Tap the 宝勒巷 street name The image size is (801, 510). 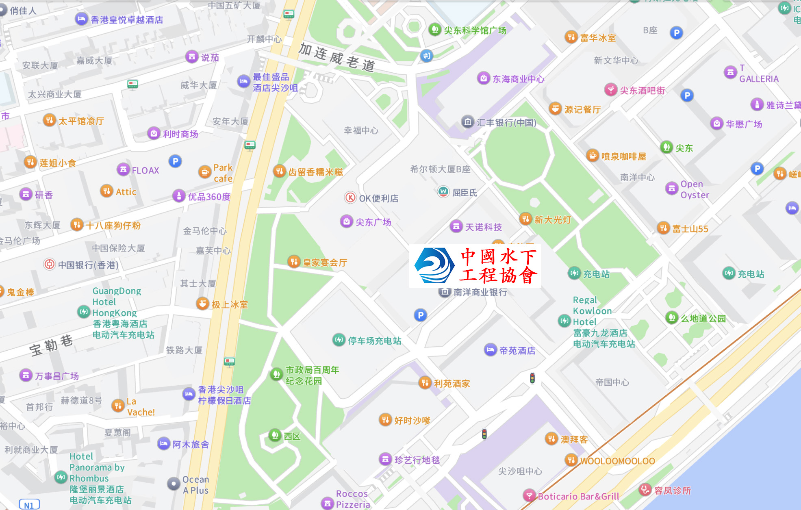[51, 345]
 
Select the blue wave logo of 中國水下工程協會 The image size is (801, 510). [434, 265]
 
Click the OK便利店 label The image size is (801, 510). [378, 198]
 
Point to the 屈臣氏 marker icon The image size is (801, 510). [443, 191]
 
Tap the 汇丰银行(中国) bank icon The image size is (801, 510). [467, 122]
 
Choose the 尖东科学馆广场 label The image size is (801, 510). [475, 30]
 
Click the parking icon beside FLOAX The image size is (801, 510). [175, 161]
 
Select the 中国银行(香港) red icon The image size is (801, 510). [49, 265]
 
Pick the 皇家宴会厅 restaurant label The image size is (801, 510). [325, 263]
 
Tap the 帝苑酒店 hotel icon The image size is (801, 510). [490, 350]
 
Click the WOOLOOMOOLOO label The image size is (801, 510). [617, 461]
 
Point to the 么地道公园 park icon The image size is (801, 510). [672, 317]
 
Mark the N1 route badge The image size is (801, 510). [29, 505]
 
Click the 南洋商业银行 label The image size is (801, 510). [480, 292]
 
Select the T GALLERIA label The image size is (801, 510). [758, 74]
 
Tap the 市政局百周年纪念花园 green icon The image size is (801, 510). [276, 374]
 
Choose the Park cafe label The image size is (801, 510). [223, 173]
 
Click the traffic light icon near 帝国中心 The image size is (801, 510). [532, 378]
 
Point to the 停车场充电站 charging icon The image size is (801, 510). [339, 340]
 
